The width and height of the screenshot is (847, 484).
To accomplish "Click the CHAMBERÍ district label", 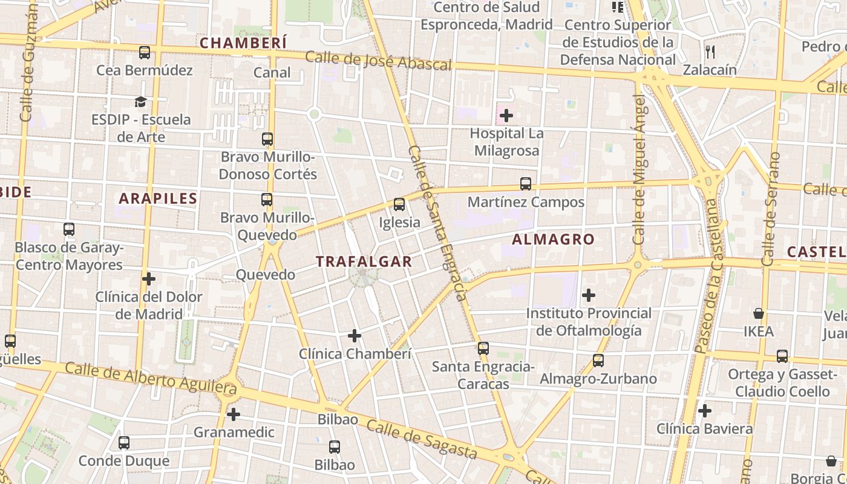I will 243,43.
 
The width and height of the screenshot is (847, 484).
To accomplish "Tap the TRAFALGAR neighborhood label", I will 364,261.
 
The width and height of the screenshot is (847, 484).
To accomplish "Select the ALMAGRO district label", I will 553,239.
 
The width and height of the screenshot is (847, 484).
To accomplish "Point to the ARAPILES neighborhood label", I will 158,198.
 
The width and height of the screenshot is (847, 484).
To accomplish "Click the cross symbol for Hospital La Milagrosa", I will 506,115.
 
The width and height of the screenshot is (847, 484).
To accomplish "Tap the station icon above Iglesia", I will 399,204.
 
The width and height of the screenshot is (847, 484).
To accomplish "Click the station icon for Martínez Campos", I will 526,184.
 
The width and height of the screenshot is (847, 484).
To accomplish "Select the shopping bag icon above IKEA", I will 759,313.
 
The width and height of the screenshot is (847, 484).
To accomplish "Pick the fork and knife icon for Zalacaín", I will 710,52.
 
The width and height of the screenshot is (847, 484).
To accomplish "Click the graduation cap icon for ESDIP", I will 141,102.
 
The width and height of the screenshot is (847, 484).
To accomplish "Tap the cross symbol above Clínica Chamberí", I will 355,335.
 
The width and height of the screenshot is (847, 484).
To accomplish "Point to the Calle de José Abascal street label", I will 378,60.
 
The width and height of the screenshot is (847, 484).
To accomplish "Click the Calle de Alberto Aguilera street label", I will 151,376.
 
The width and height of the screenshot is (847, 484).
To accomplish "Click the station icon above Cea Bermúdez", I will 145,53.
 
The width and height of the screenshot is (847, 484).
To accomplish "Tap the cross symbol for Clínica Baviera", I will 705,411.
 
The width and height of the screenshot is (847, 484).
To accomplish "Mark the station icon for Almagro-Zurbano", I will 598,361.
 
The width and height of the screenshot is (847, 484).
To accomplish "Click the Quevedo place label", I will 265,275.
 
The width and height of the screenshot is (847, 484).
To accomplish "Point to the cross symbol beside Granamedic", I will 234,414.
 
